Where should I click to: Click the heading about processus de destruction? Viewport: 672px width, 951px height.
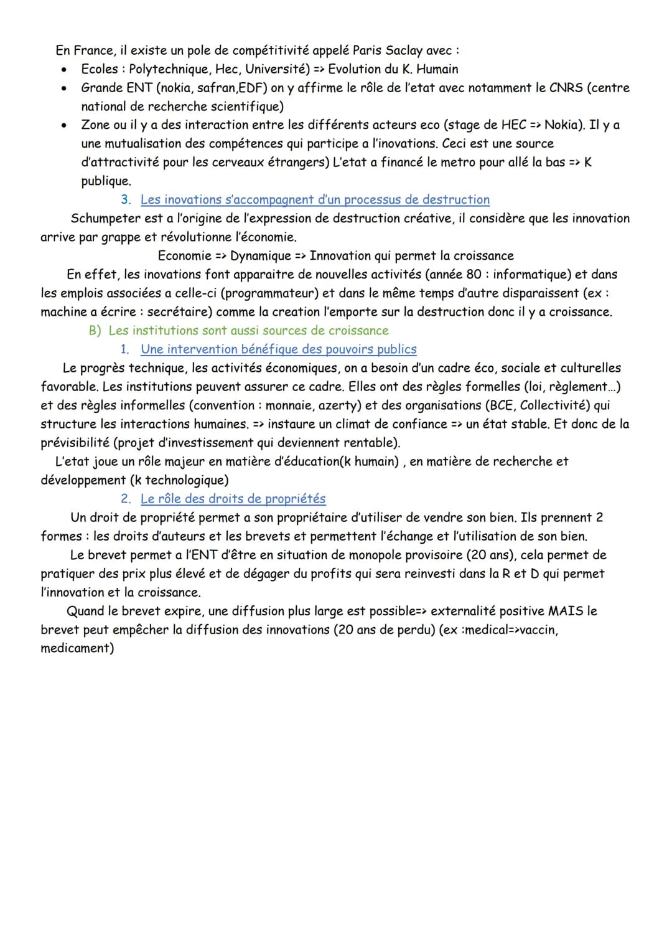315,200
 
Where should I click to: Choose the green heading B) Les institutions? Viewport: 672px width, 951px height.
239,331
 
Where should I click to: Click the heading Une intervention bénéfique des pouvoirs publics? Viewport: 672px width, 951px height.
279,349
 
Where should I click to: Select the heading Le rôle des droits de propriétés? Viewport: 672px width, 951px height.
233,499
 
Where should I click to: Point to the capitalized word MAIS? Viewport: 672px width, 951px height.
566,611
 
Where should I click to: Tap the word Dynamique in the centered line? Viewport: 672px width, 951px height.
261,256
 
